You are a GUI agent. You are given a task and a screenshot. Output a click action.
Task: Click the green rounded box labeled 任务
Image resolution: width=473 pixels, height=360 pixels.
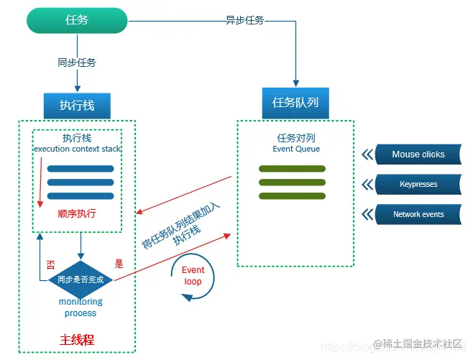pos(77,20)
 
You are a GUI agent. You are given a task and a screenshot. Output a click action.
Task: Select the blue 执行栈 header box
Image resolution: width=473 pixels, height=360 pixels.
pos(77,105)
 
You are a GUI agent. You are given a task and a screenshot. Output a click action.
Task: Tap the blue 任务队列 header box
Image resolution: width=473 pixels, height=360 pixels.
pos(295,103)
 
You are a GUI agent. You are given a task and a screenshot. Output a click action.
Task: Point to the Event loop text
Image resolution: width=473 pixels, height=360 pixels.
pos(193,276)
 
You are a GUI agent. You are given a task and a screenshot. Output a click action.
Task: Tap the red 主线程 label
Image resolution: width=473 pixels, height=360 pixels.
pos(76,339)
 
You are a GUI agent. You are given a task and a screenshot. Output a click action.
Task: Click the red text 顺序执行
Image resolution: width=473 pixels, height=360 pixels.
pos(77,213)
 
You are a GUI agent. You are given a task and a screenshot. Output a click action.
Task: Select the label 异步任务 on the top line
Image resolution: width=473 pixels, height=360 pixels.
pos(245,20)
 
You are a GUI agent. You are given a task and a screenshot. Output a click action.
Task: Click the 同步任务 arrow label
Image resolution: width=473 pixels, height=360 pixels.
pos(77,63)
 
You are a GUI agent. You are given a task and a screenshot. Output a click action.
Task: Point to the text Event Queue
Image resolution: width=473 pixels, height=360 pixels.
pos(296,149)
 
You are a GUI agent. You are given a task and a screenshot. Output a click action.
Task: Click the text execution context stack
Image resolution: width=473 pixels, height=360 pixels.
pos(77,149)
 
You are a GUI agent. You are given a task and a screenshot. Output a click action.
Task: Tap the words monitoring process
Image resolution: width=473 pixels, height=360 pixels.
pos(81,308)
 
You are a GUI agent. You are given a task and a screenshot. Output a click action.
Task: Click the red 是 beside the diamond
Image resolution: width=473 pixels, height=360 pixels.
pos(119,264)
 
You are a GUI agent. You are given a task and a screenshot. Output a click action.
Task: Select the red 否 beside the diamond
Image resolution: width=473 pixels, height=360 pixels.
pos(50,264)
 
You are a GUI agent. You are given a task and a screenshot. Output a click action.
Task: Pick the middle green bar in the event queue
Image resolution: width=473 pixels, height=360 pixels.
pos(292,182)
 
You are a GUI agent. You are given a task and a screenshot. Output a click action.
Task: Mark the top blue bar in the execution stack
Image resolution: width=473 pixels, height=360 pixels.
pos(81,169)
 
